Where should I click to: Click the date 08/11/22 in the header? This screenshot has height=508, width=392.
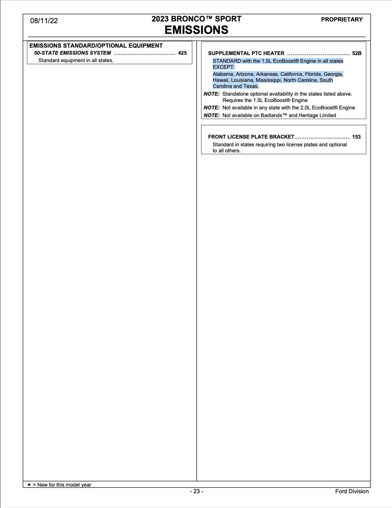click(x=44, y=21)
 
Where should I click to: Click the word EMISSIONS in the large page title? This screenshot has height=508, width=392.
click(x=196, y=30)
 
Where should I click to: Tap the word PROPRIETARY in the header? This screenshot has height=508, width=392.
click(x=342, y=19)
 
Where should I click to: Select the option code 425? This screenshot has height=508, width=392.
click(x=182, y=53)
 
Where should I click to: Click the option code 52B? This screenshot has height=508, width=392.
click(x=356, y=53)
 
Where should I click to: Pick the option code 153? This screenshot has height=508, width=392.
click(x=356, y=137)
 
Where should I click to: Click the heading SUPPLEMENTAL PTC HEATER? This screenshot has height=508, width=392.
click(x=246, y=53)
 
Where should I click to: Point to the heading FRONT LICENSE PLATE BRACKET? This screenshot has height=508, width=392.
click(x=251, y=137)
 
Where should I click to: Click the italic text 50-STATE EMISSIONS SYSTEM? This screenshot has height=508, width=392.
click(x=72, y=53)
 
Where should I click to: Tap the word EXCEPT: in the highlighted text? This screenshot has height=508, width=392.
click(x=224, y=67)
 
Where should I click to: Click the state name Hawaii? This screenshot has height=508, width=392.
click(x=220, y=80)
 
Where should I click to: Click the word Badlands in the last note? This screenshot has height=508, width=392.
click(x=271, y=115)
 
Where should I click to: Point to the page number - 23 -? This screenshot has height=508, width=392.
click(x=197, y=491)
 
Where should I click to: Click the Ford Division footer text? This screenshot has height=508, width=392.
click(x=352, y=491)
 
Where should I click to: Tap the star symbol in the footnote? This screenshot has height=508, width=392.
click(x=29, y=485)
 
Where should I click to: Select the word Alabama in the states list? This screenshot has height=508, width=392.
click(x=223, y=74)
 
